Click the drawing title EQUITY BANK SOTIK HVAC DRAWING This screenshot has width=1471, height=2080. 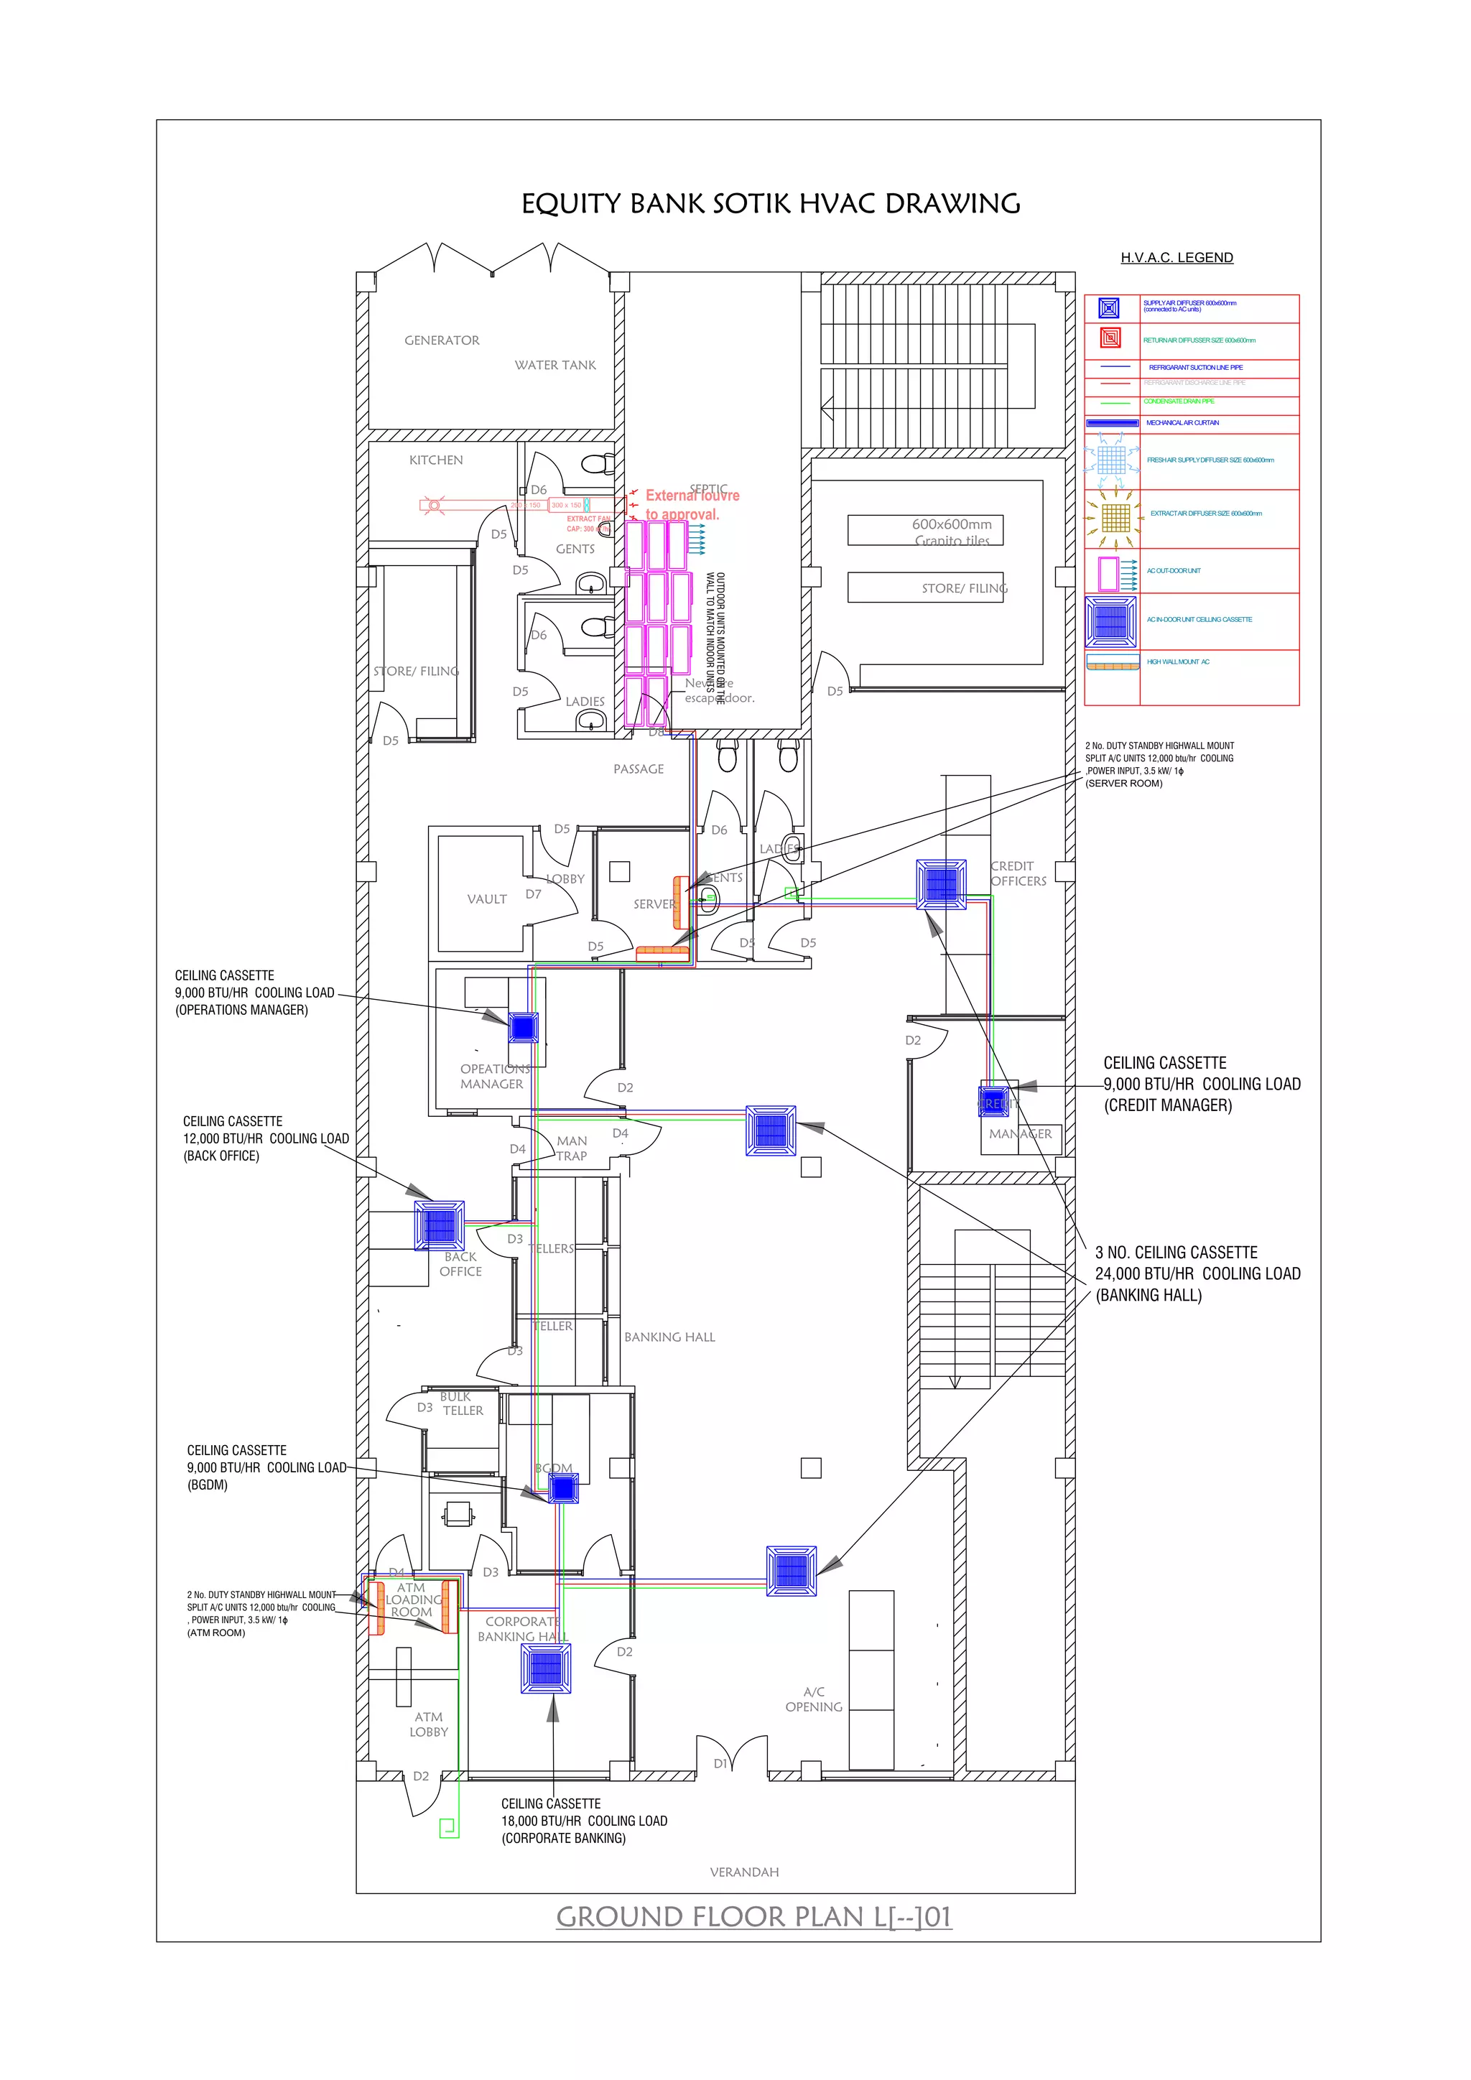point(770,204)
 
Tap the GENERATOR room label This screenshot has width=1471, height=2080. point(442,340)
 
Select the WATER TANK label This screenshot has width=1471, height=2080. point(555,365)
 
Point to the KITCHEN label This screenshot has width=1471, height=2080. point(436,460)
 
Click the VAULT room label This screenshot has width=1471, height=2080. point(486,899)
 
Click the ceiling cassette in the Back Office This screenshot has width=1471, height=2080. point(440,1226)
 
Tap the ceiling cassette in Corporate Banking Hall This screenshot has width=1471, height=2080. point(546,1668)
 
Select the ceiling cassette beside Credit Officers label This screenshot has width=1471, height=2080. point(941,883)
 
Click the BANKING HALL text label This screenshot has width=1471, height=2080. point(669,1337)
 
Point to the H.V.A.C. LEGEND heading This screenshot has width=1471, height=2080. point(1177,258)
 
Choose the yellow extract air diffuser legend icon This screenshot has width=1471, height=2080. point(1115,518)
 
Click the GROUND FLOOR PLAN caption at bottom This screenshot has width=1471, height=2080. point(753,1917)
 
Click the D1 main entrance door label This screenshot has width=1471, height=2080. point(721,1763)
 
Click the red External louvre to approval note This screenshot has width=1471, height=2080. point(692,505)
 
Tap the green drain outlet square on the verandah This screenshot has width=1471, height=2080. point(447,1827)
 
